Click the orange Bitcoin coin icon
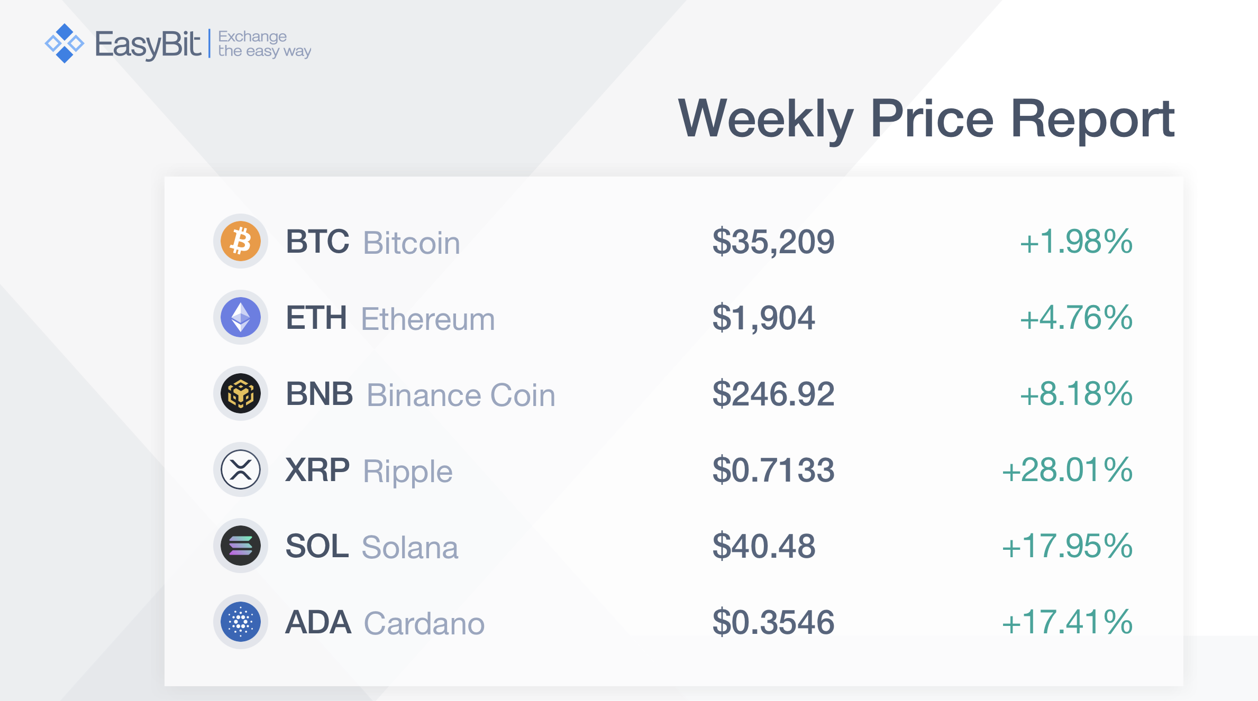click(x=241, y=241)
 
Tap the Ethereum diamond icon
click(x=241, y=317)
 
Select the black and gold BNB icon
click(x=241, y=393)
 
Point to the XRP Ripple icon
click(x=241, y=469)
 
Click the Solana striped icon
click(x=241, y=546)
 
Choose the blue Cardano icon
click(x=241, y=622)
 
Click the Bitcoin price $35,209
click(x=773, y=242)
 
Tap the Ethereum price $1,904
click(x=764, y=318)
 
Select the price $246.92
click(x=773, y=394)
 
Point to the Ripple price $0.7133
click(x=773, y=471)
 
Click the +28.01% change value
click(x=1067, y=470)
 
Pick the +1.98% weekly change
click(x=1076, y=242)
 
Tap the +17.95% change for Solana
click(x=1067, y=546)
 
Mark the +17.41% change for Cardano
click(x=1067, y=622)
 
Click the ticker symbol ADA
click(x=318, y=622)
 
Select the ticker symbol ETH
click(x=316, y=318)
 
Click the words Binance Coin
click(x=461, y=395)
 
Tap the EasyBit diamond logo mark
click(x=65, y=43)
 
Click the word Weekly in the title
click(x=765, y=120)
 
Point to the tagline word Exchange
click(x=252, y=36)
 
